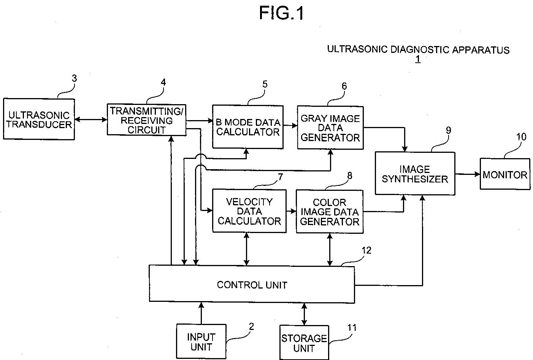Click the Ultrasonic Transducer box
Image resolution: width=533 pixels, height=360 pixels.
pos(39,119)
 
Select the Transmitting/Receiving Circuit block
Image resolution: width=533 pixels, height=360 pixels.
pos(146,120)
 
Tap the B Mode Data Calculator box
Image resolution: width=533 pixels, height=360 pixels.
pos(248,127)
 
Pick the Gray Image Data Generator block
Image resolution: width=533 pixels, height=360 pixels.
pos(330,128)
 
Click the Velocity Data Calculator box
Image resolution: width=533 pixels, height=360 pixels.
pos(249,211)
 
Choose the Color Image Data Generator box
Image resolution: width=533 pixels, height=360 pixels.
pos(330,211)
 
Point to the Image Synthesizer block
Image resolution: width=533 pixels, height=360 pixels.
pos(415,173)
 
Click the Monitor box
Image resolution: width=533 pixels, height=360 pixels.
pos(505,174)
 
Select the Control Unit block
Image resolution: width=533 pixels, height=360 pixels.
pos(252,284)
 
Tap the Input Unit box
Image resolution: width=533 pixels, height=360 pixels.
pos(201,341)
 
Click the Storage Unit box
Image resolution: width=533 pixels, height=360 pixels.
pos(304,343)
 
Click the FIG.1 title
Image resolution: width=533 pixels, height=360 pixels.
pos(281,13)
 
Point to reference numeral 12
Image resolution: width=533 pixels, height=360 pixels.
pos(366,250)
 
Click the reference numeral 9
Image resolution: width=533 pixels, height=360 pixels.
pos(448,130)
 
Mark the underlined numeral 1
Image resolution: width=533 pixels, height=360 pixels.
pos(418,59)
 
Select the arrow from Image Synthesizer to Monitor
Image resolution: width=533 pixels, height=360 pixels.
pos(468,174)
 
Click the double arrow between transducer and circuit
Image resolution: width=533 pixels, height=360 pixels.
pos(91,119)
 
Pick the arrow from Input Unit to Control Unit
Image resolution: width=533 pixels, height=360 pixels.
pos(201,313)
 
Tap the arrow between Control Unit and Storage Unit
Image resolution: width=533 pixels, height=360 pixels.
pos(304,314)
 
